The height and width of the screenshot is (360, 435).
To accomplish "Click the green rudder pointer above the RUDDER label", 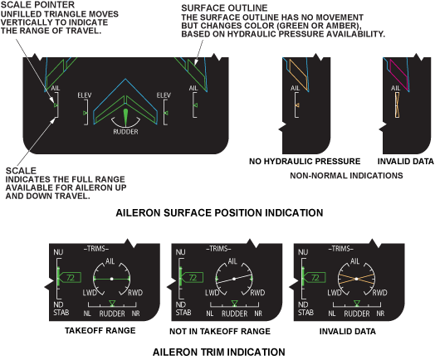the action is (125, 118).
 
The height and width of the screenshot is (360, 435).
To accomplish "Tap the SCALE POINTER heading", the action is (37, 5).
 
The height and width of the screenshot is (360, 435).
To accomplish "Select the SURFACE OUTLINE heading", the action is (224, 8).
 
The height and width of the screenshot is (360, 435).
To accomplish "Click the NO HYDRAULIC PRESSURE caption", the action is (305, 161).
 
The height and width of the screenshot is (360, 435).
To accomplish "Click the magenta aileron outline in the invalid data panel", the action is (399, 75).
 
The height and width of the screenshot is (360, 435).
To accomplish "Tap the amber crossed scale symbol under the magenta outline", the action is (398, 105).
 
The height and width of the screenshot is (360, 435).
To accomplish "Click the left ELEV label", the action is (85, 95).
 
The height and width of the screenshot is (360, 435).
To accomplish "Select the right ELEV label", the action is (164, 95).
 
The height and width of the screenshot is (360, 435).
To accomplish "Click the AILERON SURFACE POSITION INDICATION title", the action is (219, 213).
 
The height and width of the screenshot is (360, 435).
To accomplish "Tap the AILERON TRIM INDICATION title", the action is (219, 352).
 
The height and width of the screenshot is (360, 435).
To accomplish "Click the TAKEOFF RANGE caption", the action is (100, 330).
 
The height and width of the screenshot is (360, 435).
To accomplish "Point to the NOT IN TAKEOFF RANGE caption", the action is (220, 331).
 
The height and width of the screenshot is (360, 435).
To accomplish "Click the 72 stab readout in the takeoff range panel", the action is (71, 278).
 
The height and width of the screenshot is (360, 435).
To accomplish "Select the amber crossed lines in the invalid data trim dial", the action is (356, 279).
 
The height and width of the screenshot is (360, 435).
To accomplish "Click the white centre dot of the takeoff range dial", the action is (112, 279).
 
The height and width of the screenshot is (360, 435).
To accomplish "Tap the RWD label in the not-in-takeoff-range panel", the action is (257, 293).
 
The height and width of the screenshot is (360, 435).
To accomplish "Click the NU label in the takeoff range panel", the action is (58, 252).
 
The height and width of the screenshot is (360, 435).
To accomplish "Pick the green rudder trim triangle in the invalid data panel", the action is (357, 303).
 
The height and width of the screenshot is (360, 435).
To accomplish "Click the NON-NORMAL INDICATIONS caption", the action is (346, 176).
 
